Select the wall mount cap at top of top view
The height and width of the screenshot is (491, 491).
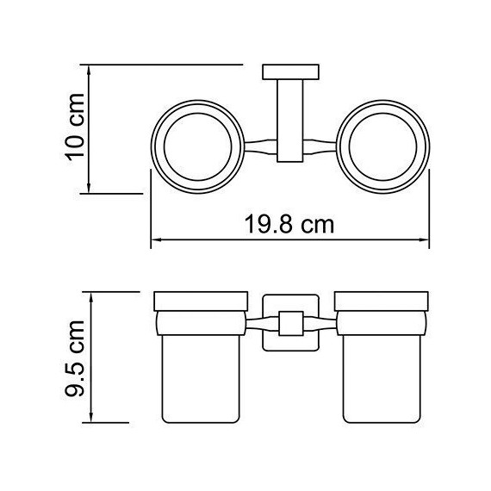pos(289,71)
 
